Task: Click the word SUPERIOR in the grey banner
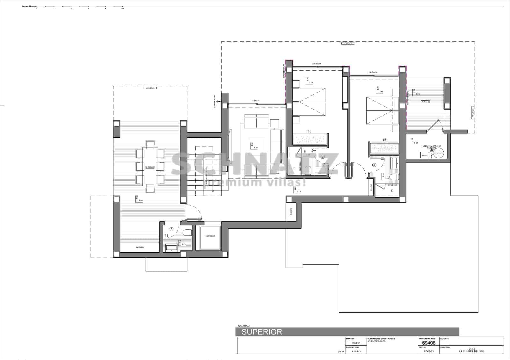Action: point(262,332)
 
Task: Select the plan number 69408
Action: point(429,343)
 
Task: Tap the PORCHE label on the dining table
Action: point(150,167)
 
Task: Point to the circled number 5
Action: point(172,229)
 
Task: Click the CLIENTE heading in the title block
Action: point(444,339)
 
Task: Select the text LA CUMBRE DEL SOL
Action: point(471,351)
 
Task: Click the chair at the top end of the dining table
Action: point(150,145)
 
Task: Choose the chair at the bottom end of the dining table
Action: point(150,188)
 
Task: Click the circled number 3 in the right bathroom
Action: point(375,165)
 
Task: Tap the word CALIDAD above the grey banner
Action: point(244,326)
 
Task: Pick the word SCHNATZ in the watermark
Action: point(255,164)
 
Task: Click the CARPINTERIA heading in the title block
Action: point(353,347)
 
